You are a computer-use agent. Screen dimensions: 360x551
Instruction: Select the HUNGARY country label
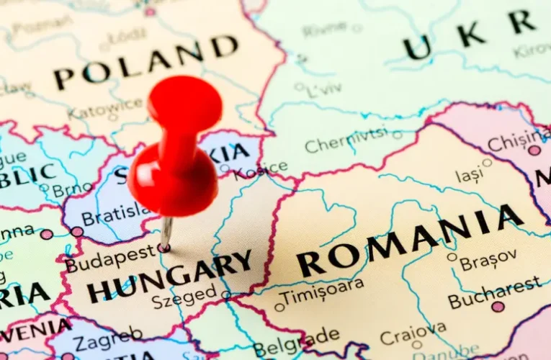(169, 278)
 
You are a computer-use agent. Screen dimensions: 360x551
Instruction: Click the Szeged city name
(184, 293)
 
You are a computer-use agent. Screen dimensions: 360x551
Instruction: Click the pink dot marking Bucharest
(498, 307)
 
